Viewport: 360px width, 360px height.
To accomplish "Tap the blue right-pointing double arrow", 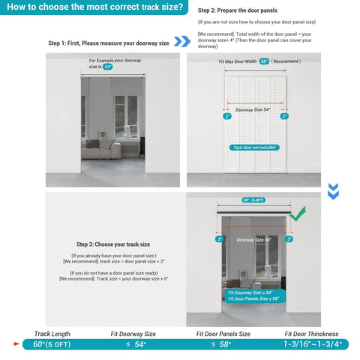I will pyautogui.click(x=181, y=41).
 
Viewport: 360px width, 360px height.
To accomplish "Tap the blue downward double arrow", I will pyautogui.click(x=333, y=190).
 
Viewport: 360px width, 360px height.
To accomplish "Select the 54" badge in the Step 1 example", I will pyautogui.click(x=108, y=67).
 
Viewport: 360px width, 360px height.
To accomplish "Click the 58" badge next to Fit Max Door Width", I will pyautogui.click(x=263, y=61).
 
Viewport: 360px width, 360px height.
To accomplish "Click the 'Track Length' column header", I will pyautogui.click(x=52, y=334).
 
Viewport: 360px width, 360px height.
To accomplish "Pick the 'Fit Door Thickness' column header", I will pyautogui.click(x=311, y=334).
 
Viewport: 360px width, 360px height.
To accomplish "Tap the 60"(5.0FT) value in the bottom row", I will pyautogui.click(x=53, y=344).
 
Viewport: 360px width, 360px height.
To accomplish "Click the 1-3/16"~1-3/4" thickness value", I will pyautogui.click(x=312, y=344).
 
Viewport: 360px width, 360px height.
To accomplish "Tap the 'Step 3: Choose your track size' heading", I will pyautogui.click(x=113, y=244).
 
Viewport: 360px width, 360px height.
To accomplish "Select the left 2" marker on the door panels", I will pyautogui.click(x=226, y=116).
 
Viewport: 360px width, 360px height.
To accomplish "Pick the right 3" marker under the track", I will pyautogui.click(x=289, y=239).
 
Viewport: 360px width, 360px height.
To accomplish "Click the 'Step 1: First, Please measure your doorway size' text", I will pyautogui.click(x=108, y=43).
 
